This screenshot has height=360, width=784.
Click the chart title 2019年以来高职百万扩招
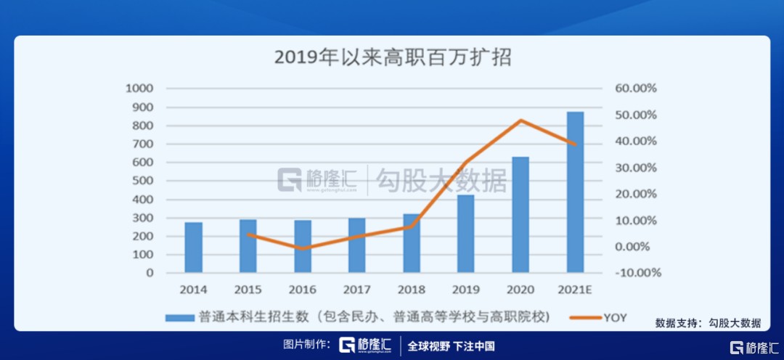click(393, 57)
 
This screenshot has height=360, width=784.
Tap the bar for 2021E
click(575, 193)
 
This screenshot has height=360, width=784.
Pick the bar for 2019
click(465, 234)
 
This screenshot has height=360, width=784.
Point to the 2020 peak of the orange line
click(520, 120)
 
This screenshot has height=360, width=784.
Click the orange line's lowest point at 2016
click(303, 248)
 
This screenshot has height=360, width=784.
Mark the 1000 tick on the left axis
click(140, 89)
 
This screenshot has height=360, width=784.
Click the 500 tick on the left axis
click(143, 181)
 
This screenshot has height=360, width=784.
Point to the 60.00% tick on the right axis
click(636, 89)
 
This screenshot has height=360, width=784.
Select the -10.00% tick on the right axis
click(636, 273)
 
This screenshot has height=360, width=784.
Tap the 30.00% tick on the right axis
click(636, 168)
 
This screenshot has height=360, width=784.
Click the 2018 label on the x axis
click(412, 290)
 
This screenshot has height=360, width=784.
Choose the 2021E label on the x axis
click(575, 290)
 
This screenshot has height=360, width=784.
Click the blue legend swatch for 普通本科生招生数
click(177, 317)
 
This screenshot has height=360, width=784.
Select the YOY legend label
click(614, 317)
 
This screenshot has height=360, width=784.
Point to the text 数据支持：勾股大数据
click(708, 323)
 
